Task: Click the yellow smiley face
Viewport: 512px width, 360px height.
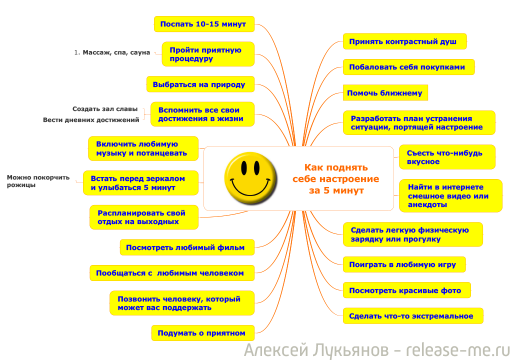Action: tap(250, 178)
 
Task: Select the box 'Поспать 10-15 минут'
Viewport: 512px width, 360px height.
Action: tap(204, 24)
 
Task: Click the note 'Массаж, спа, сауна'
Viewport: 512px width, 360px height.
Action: tap(112, 52)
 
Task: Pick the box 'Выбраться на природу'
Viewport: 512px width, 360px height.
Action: tap(200, 84)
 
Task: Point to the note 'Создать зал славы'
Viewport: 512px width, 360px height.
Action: tap(105, 109)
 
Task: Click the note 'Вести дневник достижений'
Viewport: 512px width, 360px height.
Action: tap(91, 120)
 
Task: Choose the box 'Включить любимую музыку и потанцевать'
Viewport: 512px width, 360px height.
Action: tap(143, 148)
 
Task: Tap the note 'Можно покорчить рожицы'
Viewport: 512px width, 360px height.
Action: tap(38, 181)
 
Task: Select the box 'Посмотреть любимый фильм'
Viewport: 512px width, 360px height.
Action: tap(187, 247)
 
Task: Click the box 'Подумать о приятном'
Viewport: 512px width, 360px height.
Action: tap(203, 333)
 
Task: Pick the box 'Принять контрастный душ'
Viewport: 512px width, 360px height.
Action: tap(405, 41)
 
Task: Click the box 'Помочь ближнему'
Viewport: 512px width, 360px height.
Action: tap(385, 93)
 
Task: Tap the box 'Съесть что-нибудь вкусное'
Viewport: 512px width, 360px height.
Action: tap(447, 157)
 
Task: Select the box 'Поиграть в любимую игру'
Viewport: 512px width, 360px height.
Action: tap(404, 264)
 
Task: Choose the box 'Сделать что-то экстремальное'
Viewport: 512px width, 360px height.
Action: tap(413, 316)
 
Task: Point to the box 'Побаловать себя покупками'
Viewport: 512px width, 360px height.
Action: tap(409, 67)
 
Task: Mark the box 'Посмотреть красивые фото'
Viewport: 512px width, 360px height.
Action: tap(407, 290)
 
